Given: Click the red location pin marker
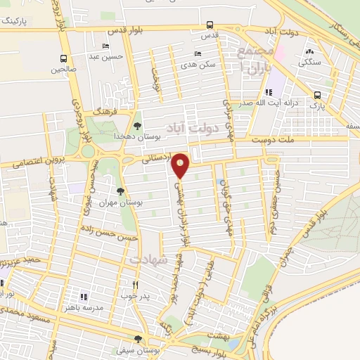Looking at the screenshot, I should pyautogui.click(x=181, y=166).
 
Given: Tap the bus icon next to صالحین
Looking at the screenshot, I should pyautogui.click(x=64, y=59).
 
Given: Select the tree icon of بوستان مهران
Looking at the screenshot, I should pyautogui.click(x=121, y=191).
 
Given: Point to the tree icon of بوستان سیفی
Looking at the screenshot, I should pyautogui.click(x=138, y=339).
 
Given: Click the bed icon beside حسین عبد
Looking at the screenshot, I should pyautogui.click(x=105, y=46).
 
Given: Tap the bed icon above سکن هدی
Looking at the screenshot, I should pyautogui.click(x=198, y=53).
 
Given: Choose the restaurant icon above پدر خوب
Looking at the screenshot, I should pyautogui.click(x=135, y=285).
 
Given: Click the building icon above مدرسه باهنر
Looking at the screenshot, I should pyautogui.click(x=83, y=297).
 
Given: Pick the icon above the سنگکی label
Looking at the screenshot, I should pyautogui.click(x=310, y=51).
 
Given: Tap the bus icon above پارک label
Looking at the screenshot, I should pyautogui.click(x=317, y=96).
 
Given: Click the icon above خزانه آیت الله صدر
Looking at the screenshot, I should pyautogui.click(x=268, y=92).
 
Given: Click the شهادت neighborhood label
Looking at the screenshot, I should pyautogui.click(x=148, y=259).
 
